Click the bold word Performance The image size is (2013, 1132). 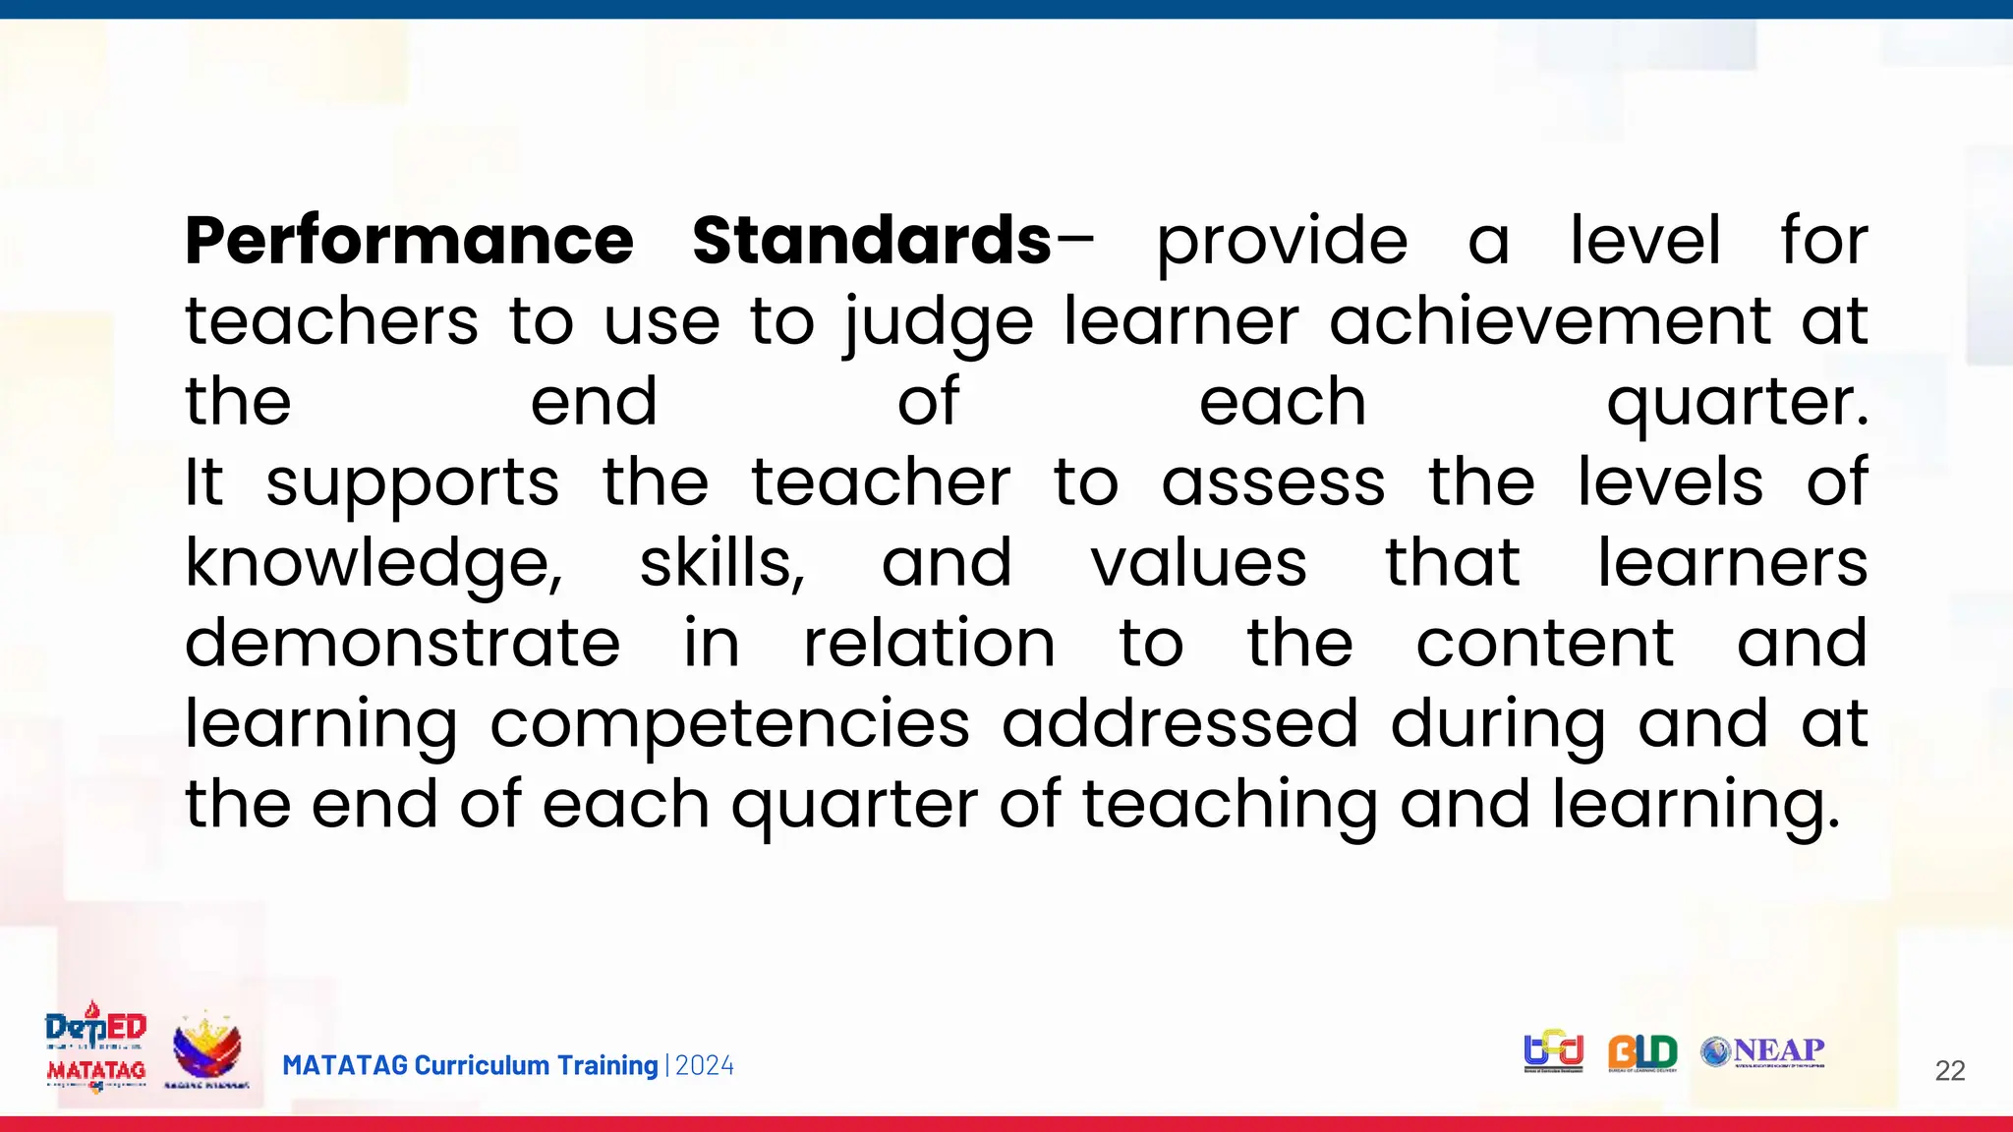(x=409, y=241)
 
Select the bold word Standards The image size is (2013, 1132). (x=872, y=241)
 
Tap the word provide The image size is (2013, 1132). (x=1282, y=243)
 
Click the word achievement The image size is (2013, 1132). (x=1550, y=321)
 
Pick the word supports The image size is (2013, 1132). (x=413, y=484)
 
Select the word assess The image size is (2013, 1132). (x=1274, y=482)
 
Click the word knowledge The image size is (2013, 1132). (x=374, y=565)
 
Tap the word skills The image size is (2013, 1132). (x=722, y=563)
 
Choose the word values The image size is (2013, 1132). (x=1198, y=563)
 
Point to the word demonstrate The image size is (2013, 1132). (x=403, y=644)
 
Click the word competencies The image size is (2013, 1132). (x=730, y=726)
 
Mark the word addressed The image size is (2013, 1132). (x=1179, y=724)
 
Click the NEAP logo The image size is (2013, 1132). (x=1762, y=1052)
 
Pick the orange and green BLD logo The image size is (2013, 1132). (x=1642, y=1053)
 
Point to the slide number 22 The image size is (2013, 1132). (x=1949, y=1070)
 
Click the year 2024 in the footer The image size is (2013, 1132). (x=705, y=1065)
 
